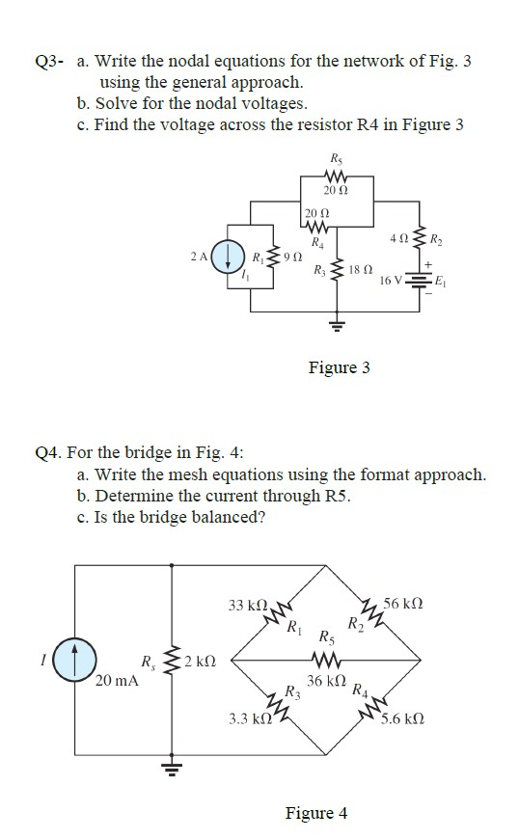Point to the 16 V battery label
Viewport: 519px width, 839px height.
(x=392, y=280)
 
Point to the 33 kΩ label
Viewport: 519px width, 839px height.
(x=248, y=606)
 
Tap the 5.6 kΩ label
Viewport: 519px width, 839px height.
(x=401, y=718)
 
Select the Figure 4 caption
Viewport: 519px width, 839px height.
(x=316, y=813)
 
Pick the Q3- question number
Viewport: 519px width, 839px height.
(x=48, y=63)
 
